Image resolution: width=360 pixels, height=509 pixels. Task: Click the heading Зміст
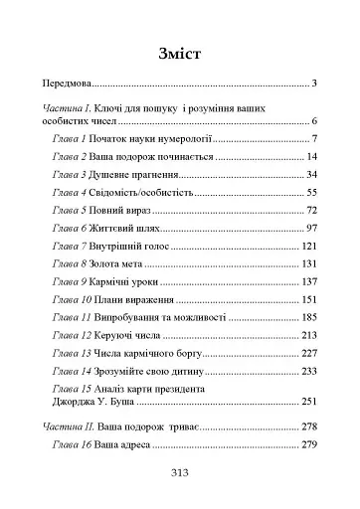[x=180, y=54]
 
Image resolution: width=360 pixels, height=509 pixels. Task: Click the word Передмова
[x=74, y=85]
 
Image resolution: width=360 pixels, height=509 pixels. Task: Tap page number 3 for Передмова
[x=312, y=85]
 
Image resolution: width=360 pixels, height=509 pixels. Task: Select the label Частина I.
[x=69, y=106]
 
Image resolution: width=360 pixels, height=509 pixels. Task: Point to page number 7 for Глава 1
[x=312, y=139]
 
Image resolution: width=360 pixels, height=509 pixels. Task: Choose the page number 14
[x=309, y=157]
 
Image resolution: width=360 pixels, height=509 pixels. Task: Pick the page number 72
[x=309, y=211]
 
